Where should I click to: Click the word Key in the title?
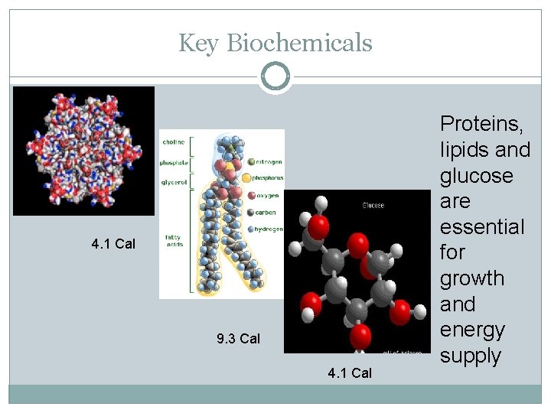pyautogui.click(x=199, y=44)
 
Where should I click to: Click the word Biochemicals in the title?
pyautogui.click(x=299, y=44)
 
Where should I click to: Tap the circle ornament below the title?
pyautogui.click(x=275, y=76)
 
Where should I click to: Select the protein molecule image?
pyautogui.click(x=83, y=150)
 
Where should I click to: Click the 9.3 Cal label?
pyautogui.click(x=238, y=339)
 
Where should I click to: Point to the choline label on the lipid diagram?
pyautogui.click(x=171, y=142)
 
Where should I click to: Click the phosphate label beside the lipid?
pyautogui.click(x=173, y=163)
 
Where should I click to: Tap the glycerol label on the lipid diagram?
pyautogui.click(x=173, y=183)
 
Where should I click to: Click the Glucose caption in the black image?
pyautogui.click(x=373, y=205)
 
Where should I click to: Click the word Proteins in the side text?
pyautogui.click(x=481, y=123)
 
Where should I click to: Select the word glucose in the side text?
pyautogui.click(x=476, y=175)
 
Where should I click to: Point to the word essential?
pyautogui.click(x=481, y=227)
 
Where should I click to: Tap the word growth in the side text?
pyautogui.click(x=471, y=278)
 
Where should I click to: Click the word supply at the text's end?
pyautogui.click(x=470, y=356)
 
